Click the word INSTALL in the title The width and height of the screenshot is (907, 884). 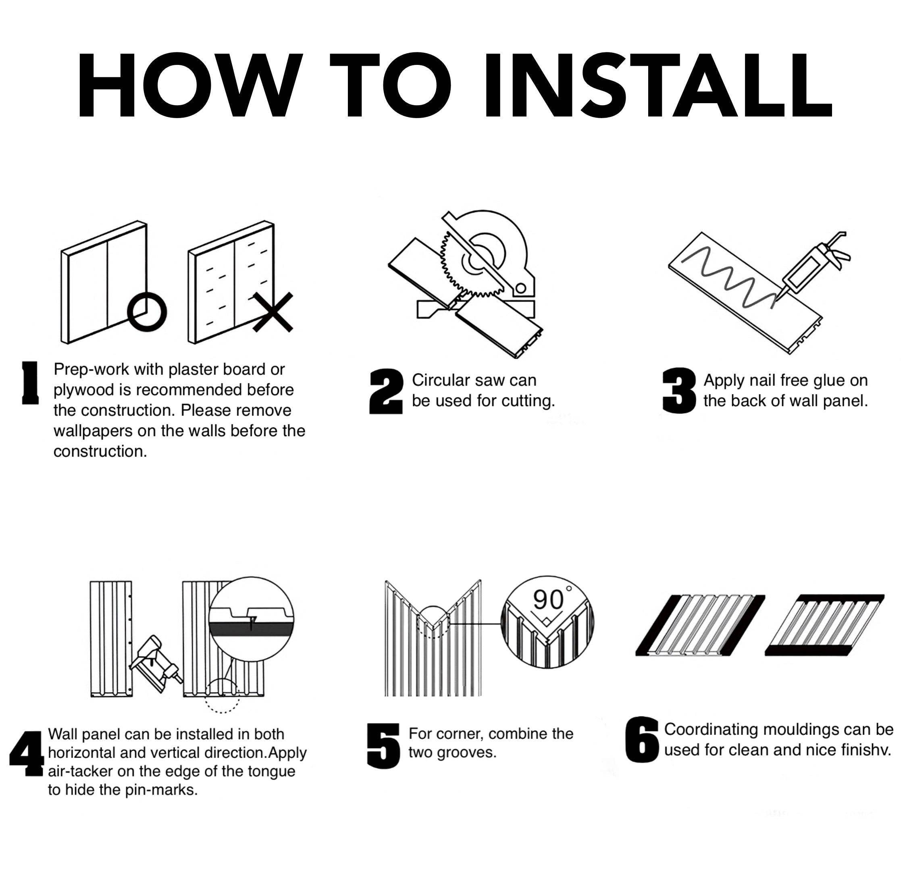(x=658, y=85)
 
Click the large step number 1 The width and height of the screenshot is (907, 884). (x=31, y=383)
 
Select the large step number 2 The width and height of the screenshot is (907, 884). (x=386, y=391)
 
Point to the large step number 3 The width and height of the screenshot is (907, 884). (x=679, y=391)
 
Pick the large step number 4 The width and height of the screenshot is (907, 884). (x=27, y=753)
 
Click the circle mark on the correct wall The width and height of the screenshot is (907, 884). (x=147, y=312)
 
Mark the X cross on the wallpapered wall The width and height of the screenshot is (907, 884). (x=273, y=312)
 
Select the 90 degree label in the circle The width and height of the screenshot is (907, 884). (x=552, y=599)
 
